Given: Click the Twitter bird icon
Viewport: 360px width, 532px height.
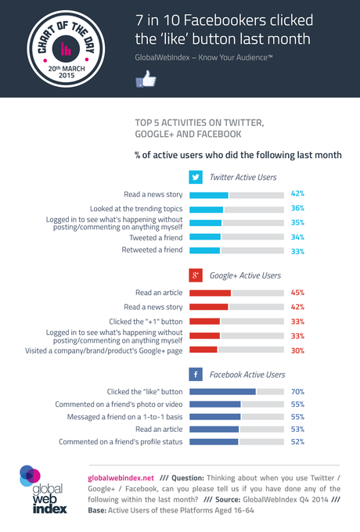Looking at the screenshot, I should [196, 177].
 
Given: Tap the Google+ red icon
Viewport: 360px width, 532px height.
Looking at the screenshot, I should [196, 276].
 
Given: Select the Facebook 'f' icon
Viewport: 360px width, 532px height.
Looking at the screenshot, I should [196, 375].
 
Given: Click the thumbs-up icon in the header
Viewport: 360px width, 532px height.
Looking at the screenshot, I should [146, 78].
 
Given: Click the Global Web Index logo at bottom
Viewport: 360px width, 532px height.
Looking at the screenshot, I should [44, 489].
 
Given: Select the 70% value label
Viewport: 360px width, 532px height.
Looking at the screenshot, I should [297, 391].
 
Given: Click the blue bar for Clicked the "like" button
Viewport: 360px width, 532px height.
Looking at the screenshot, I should [223, 391].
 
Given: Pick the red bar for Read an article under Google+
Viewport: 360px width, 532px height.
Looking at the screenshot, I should [211, 293].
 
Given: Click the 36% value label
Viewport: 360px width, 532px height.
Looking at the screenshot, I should [297, 209].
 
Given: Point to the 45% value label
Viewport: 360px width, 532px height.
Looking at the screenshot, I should [297, 293].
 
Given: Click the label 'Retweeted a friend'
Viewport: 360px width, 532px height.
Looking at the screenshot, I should [153, 250].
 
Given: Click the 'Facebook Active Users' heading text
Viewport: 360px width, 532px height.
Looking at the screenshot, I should [247, 375].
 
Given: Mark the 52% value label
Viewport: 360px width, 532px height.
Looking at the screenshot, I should [297, 442].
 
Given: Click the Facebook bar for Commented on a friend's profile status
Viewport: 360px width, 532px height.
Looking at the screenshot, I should [214, 442].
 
